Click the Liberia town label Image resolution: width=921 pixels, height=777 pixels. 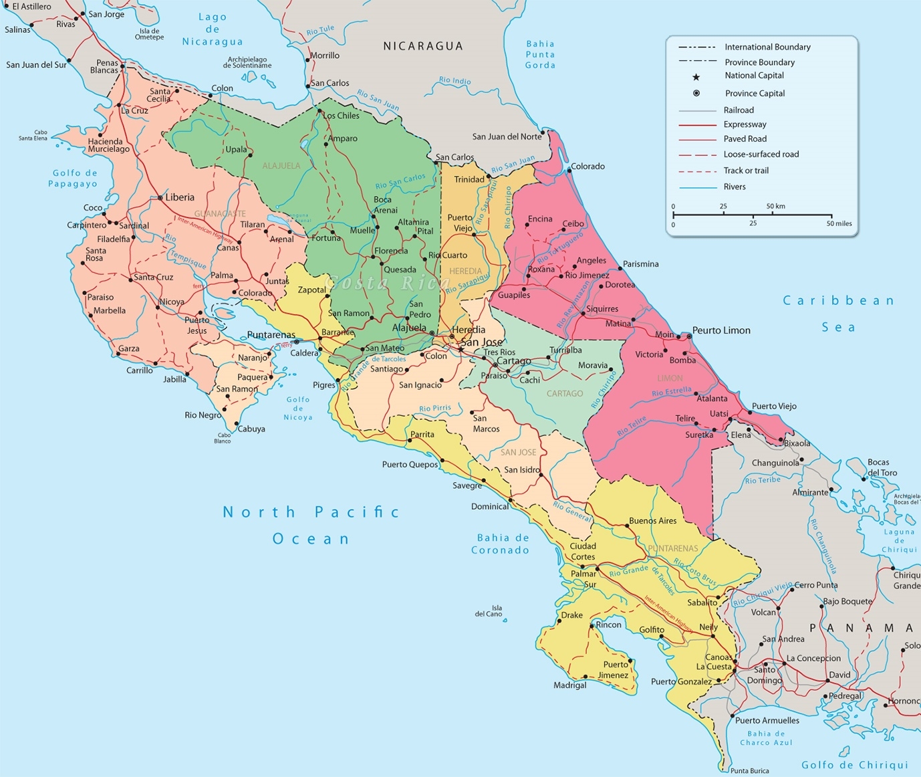[180, 197]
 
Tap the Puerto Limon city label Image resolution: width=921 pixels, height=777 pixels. [721, 330]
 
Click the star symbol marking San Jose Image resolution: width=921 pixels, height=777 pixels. [461, 349]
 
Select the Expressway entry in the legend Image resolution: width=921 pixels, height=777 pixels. [745, 124]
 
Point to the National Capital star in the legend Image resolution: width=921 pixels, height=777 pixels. [696, 77]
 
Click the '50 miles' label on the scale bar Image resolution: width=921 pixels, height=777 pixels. [839, 223]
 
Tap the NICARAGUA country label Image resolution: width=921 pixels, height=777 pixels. [422, 46]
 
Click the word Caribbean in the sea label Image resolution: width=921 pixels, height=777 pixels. [838, 301]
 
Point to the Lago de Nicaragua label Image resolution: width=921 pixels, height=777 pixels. [213, 29]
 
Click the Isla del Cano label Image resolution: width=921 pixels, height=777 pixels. [489, 611]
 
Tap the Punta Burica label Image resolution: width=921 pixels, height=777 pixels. [749, 771]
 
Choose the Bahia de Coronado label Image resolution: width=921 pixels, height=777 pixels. [501, 544]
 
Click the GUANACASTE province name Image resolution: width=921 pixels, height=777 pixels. [220, 213]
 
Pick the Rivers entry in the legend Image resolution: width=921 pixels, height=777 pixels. [734, 187]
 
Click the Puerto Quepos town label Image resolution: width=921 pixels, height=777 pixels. [410, 464]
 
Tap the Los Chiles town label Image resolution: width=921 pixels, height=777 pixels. [341, 116]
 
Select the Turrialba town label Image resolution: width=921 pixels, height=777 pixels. [565, 350]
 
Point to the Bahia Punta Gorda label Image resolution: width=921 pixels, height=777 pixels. [540, 54]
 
